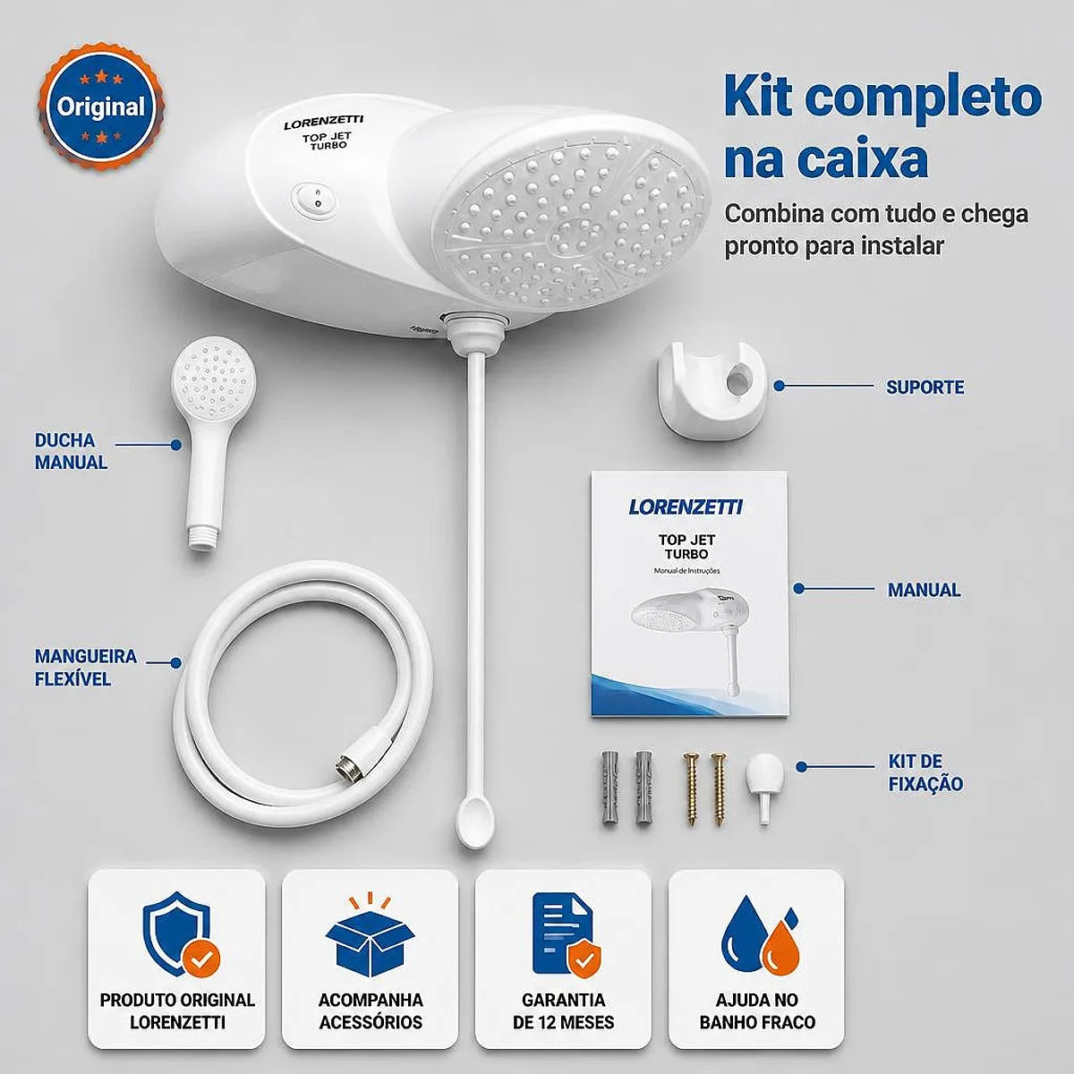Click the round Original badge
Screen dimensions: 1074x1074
point(101,107)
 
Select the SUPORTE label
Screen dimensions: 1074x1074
point(925,387)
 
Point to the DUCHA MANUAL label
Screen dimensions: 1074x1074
point(71,451)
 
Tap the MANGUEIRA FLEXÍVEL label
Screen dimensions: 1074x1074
point(85,667)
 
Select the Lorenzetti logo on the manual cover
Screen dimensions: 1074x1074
point(686,507)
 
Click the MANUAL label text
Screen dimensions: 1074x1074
point(924,589)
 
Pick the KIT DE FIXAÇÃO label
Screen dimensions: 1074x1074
point(925,772)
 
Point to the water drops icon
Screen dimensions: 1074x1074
point(759,942)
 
